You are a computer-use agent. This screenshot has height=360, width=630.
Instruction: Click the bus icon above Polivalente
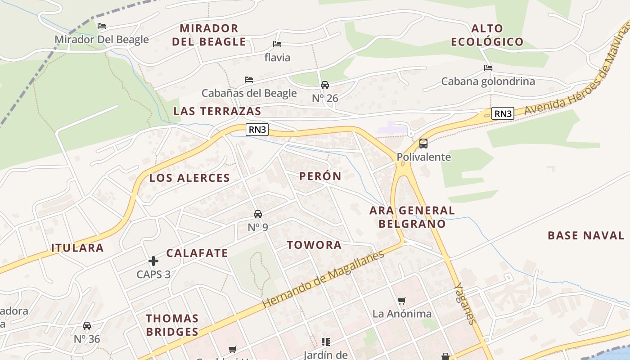423,144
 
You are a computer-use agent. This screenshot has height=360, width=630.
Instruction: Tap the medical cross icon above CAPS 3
153,261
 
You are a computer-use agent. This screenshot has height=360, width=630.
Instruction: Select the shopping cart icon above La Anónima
402,301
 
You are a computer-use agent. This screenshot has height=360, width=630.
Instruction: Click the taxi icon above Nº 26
325,85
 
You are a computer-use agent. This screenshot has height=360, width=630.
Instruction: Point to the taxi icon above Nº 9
258,214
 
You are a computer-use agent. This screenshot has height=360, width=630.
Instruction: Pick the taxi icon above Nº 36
87,326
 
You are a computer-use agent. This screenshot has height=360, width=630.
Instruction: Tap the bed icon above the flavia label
277,44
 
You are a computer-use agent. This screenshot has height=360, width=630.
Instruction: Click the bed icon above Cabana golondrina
488,68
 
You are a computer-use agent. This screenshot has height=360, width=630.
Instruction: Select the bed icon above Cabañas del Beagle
249,80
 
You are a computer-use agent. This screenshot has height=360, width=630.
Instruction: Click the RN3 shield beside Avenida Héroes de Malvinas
503,113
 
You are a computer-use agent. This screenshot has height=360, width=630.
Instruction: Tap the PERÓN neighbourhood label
320,176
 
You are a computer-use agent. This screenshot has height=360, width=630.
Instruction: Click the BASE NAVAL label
586,235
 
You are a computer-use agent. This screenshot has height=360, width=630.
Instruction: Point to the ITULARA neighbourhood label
77,248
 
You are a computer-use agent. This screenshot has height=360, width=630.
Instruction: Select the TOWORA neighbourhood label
315,245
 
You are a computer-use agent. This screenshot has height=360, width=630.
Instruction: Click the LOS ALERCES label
189,178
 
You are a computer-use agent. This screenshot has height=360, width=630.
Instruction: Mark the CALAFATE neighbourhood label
197,253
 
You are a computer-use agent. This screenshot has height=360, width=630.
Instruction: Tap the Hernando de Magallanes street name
323,279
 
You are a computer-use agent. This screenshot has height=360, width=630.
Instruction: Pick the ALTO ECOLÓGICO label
487,36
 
